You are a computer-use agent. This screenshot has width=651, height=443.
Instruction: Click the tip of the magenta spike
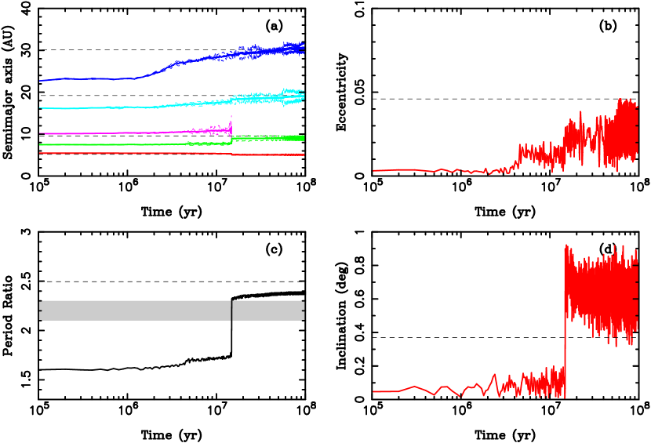click(x=231, y=117)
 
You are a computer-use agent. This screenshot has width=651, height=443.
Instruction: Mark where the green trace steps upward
click(x=231, y=140)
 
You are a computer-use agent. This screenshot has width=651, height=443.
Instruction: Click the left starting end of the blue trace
click(x=40, y=80)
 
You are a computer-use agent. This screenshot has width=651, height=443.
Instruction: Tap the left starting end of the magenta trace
click(x=40, y=133)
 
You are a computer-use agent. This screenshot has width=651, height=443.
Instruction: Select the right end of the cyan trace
click(x=303, y=96)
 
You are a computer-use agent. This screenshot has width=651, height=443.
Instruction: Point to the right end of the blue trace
click(x=303, y=49)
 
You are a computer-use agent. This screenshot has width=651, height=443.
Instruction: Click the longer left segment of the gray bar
click(x=133, y=310)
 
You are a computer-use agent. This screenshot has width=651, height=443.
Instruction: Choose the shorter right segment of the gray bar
click(x=267, y=310)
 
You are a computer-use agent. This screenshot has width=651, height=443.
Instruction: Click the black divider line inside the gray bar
click(x=231, y=310)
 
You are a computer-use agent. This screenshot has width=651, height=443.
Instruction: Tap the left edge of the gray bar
click(x=40, y=310)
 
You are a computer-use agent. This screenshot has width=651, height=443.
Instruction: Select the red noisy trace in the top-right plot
click(x=580, y=141)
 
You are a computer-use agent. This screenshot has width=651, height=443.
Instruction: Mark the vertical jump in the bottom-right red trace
click(x=565, y=321)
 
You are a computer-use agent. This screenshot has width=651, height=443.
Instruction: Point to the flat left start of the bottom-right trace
click(x=384, y=391)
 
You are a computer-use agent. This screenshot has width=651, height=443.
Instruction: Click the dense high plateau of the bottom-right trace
click(x=600, y=290)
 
